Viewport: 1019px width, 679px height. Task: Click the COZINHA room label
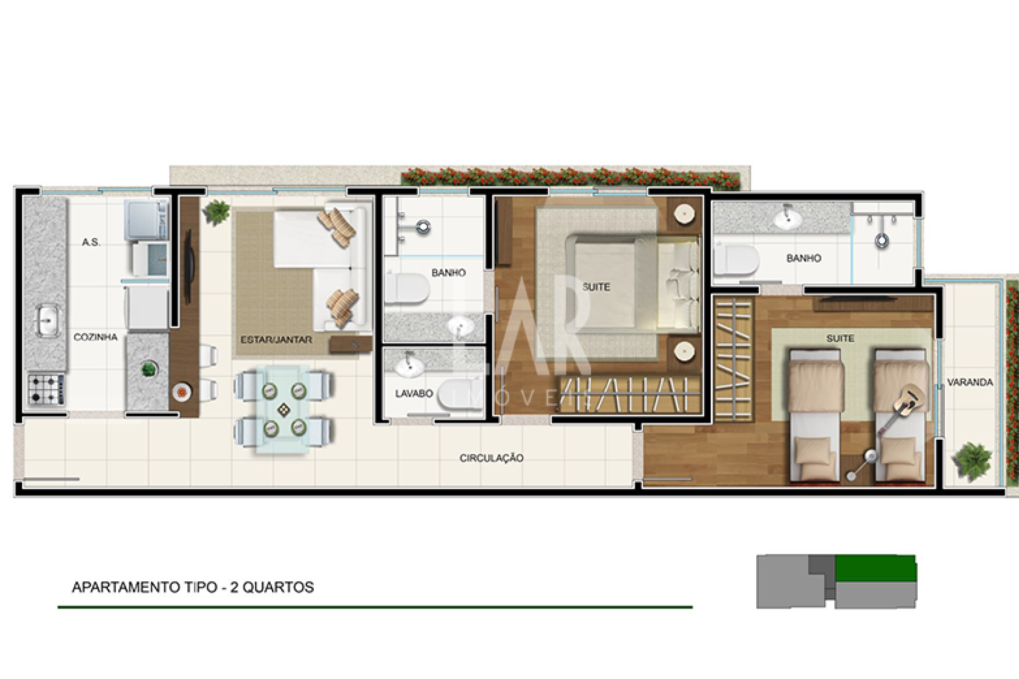pyautogui.click(x=96, y=337)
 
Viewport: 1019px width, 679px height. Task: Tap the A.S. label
pyautogui.click(x=91, y=242)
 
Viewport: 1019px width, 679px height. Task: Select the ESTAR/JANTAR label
pyautogui.click(x=276, y=339)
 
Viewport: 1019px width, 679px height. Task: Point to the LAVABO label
pyautogui.click(x=414, y=394)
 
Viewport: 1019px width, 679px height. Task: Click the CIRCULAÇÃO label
pyautogui.click(x=491, y=458)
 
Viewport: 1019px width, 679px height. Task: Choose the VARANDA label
pyautogui.click(x=970, y=382)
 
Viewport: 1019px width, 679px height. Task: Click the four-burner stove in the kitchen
pyautogui.click(x=47, y=389)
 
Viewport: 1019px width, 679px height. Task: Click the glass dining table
pyautogui.click(x=284, y=408)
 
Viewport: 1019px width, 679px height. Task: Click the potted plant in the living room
pyautogui.click(x=216, y=212)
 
